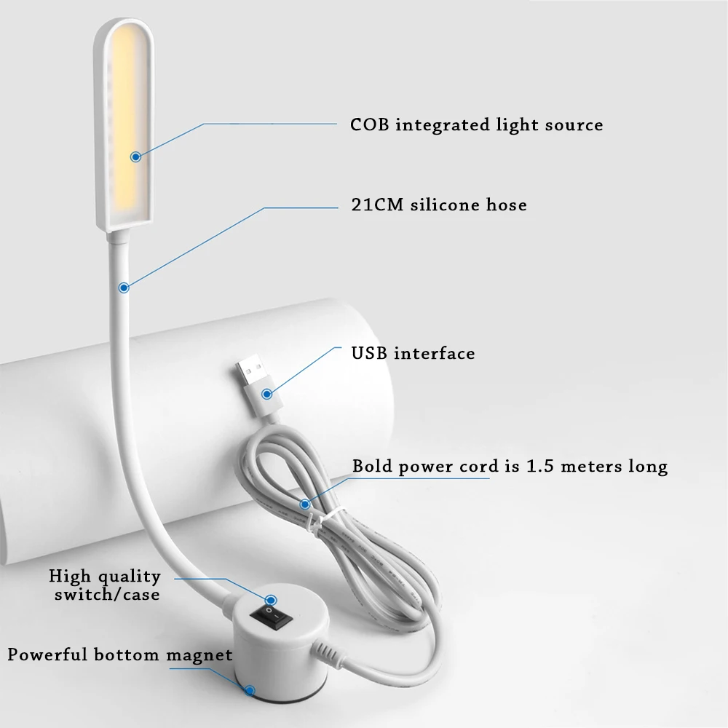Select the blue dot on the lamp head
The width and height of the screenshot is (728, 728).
(x=135, y=157)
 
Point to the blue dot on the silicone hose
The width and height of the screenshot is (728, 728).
(x=124, y=288)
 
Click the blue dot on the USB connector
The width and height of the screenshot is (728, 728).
(x=266, y=394)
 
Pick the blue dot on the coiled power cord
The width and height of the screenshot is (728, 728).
(x=305, y=505)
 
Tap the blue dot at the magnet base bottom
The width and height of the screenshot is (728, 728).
(x=250, y=690)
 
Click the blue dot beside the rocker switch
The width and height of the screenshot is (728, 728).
(x=271, y=601)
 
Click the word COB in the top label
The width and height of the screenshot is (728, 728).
(x=370, y=124)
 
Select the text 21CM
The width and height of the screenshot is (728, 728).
(x=377, y=205)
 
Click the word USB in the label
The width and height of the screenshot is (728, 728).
(x=369, y=353)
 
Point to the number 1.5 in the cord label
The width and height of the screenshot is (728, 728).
(x=540, y=466)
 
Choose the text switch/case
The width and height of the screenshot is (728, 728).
(x=107, y=594)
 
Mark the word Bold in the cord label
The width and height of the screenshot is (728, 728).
(x=372, y=466)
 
